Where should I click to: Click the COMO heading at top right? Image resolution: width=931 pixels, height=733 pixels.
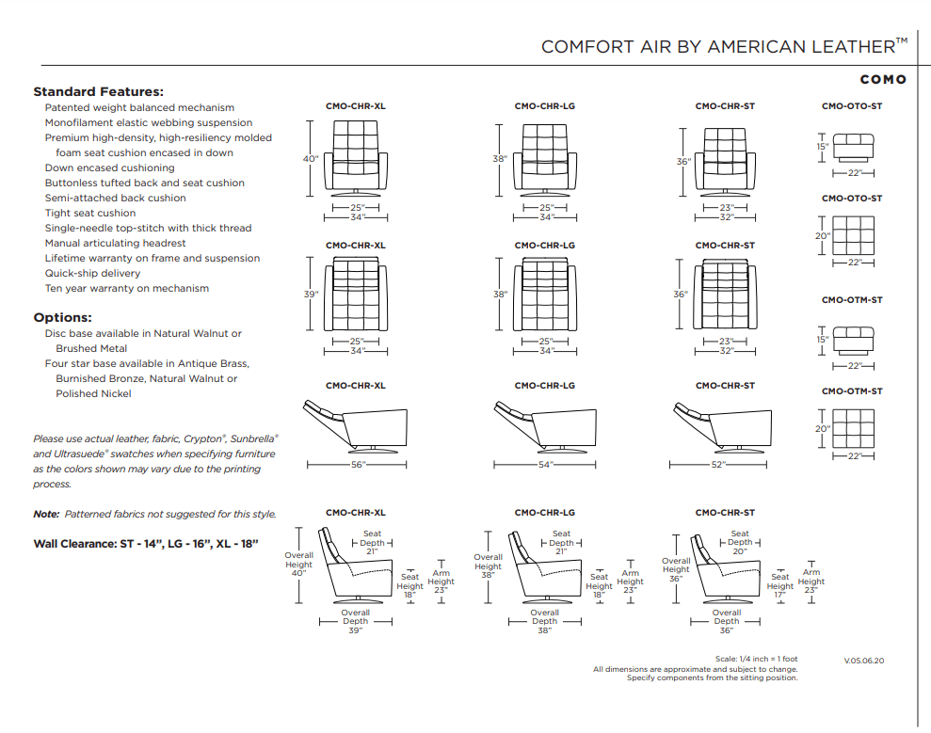pos(882,79)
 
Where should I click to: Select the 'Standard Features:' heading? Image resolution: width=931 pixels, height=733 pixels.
pos(98,92)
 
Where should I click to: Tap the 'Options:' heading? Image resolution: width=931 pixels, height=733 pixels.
pos(62,318)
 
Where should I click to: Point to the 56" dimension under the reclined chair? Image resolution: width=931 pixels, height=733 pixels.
pos(356,465)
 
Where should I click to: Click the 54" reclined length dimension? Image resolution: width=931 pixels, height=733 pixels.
pos(544,465)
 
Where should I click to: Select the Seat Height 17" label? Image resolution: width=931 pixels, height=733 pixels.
pos(779,586)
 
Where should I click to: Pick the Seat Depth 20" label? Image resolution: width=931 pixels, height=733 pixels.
pos(740,542)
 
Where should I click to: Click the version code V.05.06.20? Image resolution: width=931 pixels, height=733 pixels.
pos(863,661)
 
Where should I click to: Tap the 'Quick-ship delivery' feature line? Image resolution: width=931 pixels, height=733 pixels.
pos(92,273)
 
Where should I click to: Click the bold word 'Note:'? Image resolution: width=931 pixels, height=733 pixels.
pos(46,515)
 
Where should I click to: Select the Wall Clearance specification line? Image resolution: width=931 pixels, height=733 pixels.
pos(145,544)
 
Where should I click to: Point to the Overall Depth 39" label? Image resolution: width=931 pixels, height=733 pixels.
pos(355,621)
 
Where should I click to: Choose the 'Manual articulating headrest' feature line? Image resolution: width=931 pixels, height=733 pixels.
pos(115,243)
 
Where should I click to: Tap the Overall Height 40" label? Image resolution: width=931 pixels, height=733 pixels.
pos(298,564)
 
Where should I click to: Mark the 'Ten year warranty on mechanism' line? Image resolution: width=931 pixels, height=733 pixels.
pos(126,288)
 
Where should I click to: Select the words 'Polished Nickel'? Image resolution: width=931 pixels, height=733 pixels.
pos(93,393)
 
